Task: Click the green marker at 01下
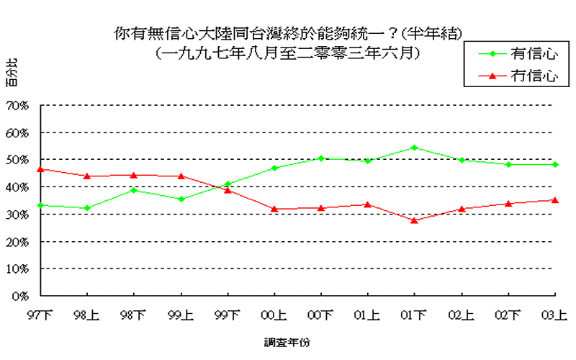(414, 148)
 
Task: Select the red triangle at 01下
(414, 220)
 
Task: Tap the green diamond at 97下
(40, 205)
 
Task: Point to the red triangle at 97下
(40, 169)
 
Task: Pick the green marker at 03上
(555, 164)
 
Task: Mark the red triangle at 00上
(274, 209)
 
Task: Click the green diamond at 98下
(134, 190)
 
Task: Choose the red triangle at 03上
(555, 199)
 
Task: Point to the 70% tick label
(17, 105)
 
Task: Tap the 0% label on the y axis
(19, 295)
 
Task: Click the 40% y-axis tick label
(17, 186)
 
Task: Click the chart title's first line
(288, 33)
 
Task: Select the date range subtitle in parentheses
(288, 53)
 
